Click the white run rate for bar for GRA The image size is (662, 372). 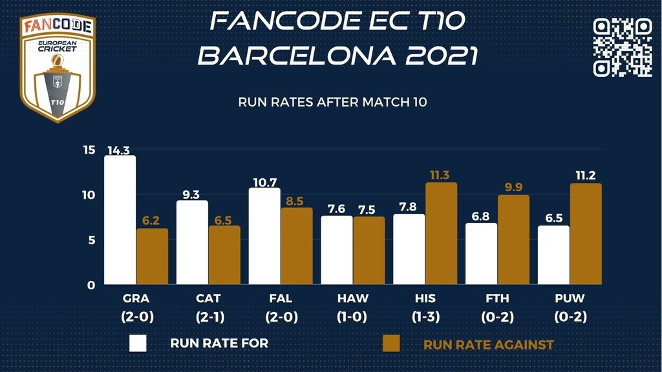point(120,220)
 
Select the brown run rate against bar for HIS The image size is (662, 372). point(441,234)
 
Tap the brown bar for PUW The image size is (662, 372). point(586,234)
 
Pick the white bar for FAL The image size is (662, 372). point(264,236)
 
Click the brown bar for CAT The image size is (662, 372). point(224,255)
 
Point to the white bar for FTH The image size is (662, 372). point(481,254)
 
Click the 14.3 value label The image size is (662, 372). point(120,150)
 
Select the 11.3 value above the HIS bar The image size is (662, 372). point(442,176)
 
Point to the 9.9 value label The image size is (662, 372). point(513,188)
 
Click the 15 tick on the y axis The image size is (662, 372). point(89,150)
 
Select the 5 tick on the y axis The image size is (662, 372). point(92,240)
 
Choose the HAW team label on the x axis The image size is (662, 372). point(353,298)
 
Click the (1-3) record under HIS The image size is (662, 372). point(425,317)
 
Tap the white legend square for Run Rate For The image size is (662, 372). point(138,343)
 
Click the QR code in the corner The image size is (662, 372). point(622,47)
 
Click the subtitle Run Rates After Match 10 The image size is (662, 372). point(333,102)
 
